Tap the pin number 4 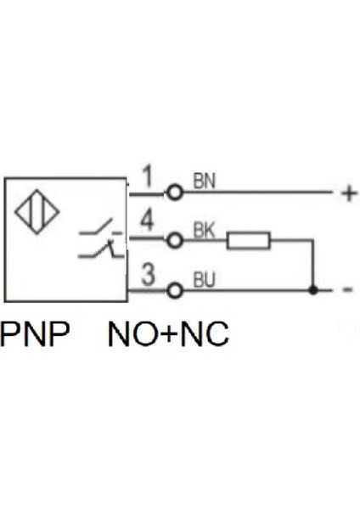pyautogui.click(x=146, y=223)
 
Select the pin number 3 pyautogui.click(x=146, y=275)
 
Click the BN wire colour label pyautogui.click(x=204, y=180)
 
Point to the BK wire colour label pyautogui.click(x=204, y=229)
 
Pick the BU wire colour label pyautogui.click(x=204, y=278)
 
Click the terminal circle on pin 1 pyautogui.click(x=175, y=193)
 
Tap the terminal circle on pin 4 pyautogui.click(x=175, y=241)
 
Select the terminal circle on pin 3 pyautogui.click(x=175, y=291)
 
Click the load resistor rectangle pyautogui.click(x=249, y=241)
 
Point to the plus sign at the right pyautogui.click(x=348, y=194)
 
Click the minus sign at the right pyautogui.click(x=347, y=291)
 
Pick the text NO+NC pyautogui.click(x=168, y=334)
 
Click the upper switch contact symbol pyautogui.click(x=98, y=228)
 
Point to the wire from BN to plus pyautogui.click(x=263, y=193)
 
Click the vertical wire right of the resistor pyautogui.click(x=314, y=265)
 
